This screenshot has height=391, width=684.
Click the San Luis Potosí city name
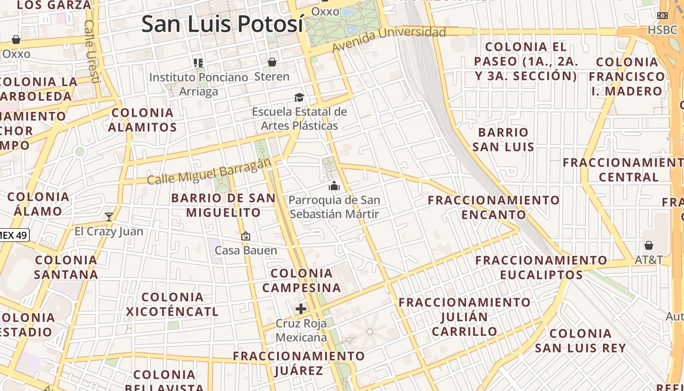pos(222,24)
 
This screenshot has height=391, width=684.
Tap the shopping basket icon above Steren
pos(272,62)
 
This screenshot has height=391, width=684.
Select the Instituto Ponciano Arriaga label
pos(198,84)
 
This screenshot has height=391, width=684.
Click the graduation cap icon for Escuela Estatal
pos(299,98)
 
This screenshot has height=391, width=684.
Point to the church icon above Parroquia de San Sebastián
pos(334,186)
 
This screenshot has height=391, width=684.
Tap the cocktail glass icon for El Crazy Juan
pos(109,217)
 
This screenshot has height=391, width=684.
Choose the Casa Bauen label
pos(246,250)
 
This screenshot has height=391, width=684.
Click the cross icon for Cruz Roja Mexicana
pos(301,309)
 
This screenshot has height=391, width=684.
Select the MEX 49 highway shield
pos(14,235)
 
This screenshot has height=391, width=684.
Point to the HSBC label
pos(663,30)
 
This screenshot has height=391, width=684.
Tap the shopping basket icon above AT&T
pos(649,245)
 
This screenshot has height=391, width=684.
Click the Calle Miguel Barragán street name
pos(209,172)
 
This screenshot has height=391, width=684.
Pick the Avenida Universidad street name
pos(389,39)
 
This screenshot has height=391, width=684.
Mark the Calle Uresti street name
pos(91,51)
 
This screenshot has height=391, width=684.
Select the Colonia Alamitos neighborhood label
pos(142,120)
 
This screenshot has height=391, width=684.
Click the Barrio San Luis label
pos(503,139)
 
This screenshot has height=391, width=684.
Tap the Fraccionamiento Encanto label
pos(493,207)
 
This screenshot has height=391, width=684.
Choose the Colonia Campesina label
pos(301,280)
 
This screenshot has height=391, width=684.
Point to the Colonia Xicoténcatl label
pos(172,304)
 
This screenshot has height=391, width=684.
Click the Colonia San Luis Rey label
pos(580,341)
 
